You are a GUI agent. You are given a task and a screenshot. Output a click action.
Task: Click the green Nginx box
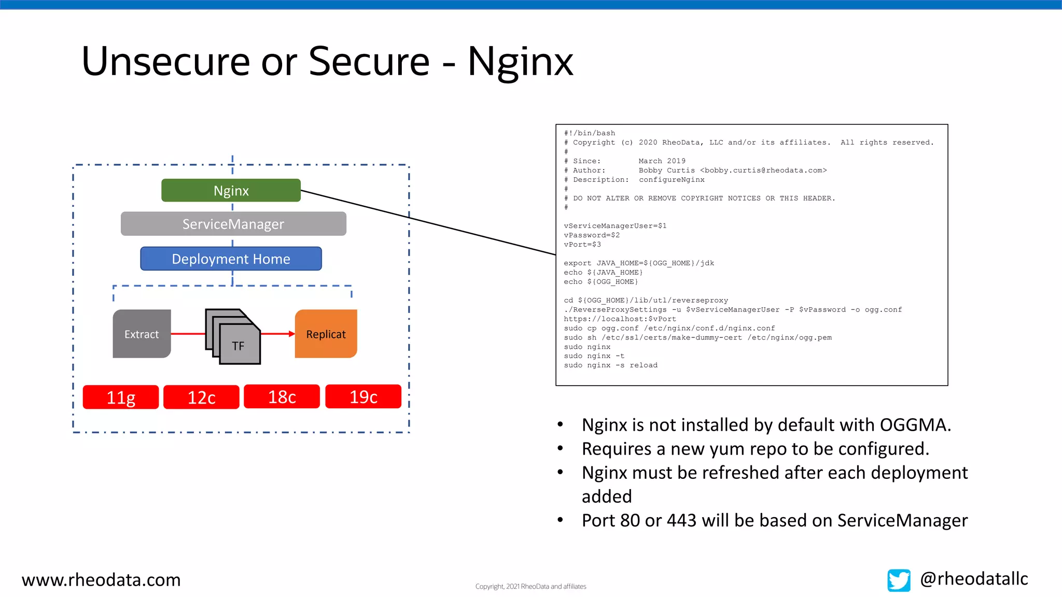pos(231,190)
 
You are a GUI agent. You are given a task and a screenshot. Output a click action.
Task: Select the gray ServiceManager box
pos(233,224)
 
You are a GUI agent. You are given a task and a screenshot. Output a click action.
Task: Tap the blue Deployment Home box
pos(231,259)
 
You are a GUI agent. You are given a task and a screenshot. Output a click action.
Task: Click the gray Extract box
pos(142,334)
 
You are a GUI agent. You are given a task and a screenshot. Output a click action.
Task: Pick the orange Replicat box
pos(326,334)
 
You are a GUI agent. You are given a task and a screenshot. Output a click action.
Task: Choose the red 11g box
pos(121,397)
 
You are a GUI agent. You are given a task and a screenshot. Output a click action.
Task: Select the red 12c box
pos(201,397)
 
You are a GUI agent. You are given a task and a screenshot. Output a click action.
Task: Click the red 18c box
pos(282,397)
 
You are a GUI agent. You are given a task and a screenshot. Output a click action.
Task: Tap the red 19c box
pos(363,397)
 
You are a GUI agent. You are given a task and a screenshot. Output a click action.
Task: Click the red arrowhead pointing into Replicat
pos(292,334)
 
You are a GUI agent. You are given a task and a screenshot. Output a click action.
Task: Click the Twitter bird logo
pos(899,580)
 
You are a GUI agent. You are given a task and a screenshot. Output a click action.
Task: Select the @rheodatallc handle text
pos(974,578)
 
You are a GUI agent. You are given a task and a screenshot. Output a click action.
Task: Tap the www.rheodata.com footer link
pos(101,580)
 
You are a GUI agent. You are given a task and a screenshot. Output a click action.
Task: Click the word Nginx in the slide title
pos(520,62)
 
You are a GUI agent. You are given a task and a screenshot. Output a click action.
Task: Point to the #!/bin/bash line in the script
pos(590,133)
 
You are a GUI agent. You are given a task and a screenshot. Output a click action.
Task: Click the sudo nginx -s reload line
pos(610,365)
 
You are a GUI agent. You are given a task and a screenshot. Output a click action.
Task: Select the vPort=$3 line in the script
pos(582,245)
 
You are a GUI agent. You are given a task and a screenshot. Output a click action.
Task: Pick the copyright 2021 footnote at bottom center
pos(530,587)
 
